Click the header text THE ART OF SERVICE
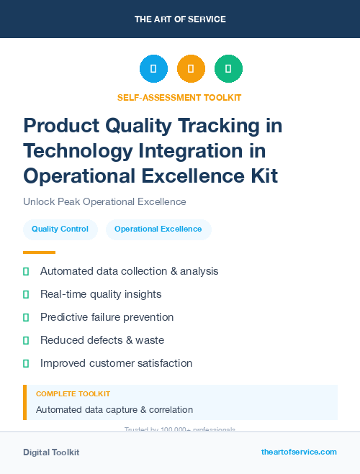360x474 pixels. [180, 19]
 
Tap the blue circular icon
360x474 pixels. [153, 69]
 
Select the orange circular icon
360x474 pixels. [191, 69]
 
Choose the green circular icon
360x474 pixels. [228, 69]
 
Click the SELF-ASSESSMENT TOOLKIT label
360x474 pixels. [179, 98]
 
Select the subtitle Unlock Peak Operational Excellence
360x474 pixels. [104, 202]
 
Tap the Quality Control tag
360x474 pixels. [60, 229]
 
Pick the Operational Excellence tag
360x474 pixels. [158, 229]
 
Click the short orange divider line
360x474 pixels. [39, 252]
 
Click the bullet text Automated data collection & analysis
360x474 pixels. [129, 271]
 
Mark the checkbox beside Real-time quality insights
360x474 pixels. [26, 294]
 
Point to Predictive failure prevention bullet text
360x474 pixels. [107, 317]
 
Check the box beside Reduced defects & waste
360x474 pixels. [26, 340]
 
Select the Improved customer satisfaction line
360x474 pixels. [116, 363]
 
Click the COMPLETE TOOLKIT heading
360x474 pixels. [73, 394]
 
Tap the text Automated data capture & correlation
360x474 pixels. [114, 410]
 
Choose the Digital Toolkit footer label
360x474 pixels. [51, 452]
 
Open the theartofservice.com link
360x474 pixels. [299, 452]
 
